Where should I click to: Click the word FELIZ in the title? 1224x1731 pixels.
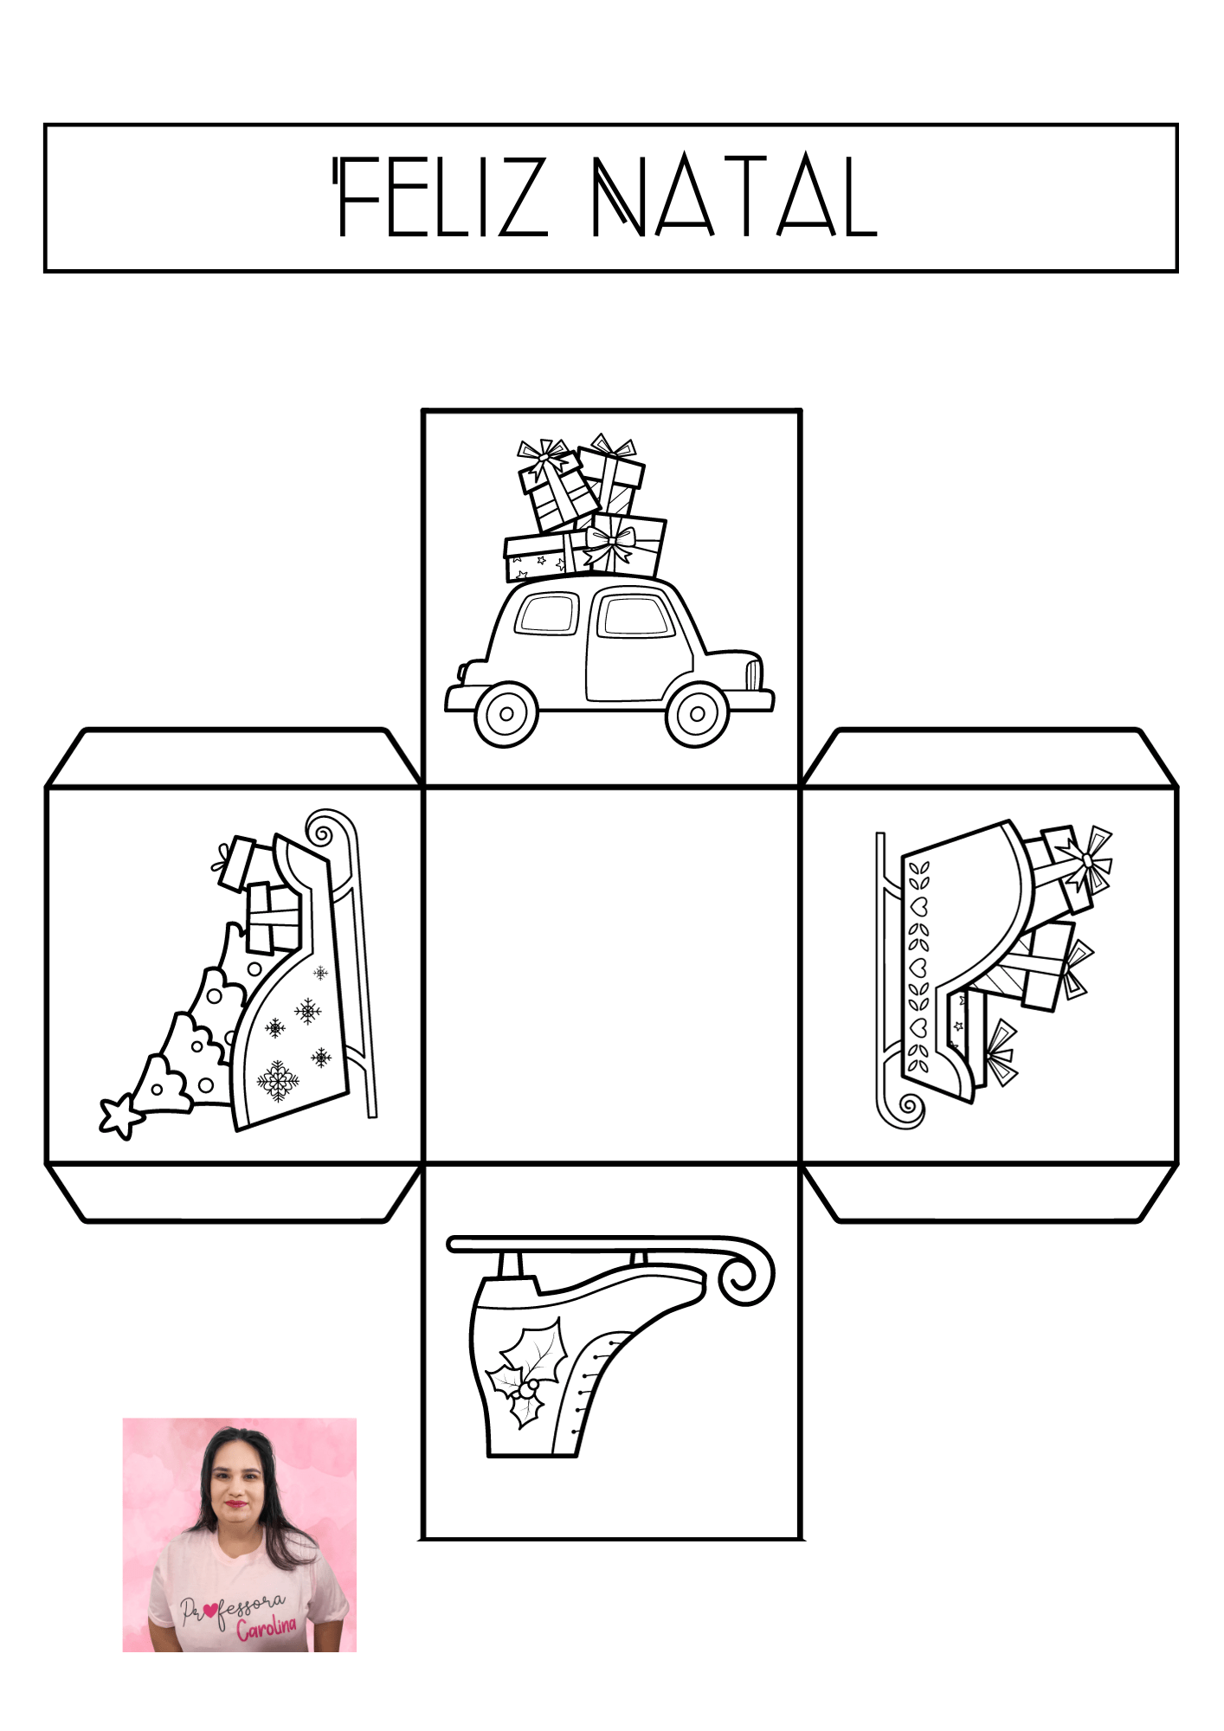pos(441,196)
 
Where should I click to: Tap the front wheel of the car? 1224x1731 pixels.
pos(697,714)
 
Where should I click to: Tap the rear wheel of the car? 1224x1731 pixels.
pos(506,714)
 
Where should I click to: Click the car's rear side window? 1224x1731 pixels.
pos(547,614)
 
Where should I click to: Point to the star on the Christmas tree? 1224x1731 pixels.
pos(122,1116)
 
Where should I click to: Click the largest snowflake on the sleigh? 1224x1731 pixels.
pos(278,1081)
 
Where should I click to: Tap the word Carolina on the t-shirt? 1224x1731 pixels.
pos(267,1627)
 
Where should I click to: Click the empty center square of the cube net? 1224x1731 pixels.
pos(612,975)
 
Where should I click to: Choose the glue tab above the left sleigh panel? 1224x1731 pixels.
pos(235,758)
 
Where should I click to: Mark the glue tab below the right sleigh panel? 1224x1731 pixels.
pos(989,1193)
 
